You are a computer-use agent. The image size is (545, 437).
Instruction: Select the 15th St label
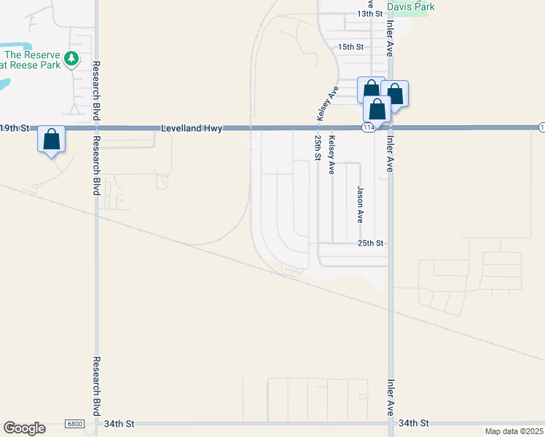[350, 47]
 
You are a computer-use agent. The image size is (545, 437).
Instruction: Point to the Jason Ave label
[361, 204]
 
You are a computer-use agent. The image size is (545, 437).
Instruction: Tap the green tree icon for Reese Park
[71, 58]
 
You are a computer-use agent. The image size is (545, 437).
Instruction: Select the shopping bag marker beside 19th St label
[52, 138]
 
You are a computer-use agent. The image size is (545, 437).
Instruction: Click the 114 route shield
[368, 128]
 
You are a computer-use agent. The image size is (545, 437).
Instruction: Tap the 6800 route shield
[74, 424]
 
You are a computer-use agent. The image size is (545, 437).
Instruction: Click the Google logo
[24, 428]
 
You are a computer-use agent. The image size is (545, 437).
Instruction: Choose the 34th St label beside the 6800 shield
[119, 423]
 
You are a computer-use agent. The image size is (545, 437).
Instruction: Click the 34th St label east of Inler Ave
[414, 423]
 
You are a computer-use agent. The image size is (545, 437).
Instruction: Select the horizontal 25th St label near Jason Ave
[370, 243]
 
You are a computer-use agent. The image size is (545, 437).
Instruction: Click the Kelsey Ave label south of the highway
[332, 155]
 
